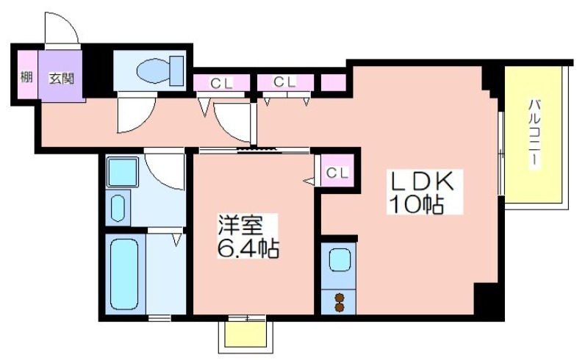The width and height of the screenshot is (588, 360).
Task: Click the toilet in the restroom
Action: click(x=160, y=70)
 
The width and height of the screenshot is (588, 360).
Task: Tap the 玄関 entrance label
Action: click(x=62, y=79)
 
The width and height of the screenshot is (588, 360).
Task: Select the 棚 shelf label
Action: click(x=26, y=77)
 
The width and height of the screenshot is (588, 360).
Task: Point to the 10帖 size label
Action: click(x=417, y=204)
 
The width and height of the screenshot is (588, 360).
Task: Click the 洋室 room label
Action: click(x=240, y=226)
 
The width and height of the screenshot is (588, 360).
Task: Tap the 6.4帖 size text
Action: click(x=248, y=248)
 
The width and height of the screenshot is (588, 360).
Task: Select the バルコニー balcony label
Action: click(x=534, y=133)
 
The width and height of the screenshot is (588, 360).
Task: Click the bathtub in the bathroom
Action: click(x=124, y=274)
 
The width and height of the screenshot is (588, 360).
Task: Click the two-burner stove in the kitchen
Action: click(x=339, y=302)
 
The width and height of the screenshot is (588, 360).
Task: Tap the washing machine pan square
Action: click(x=122, y=172)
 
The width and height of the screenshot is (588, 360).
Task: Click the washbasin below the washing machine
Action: click(x=118, y=208)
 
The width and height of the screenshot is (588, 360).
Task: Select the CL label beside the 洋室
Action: click(x=337, y=173)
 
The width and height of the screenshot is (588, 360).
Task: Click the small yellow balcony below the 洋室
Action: click(x=246, y=334)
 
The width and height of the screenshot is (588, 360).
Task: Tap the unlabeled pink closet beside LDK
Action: click(x=334, y=82)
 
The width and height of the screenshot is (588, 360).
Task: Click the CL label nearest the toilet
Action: click(x=222, y=83)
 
